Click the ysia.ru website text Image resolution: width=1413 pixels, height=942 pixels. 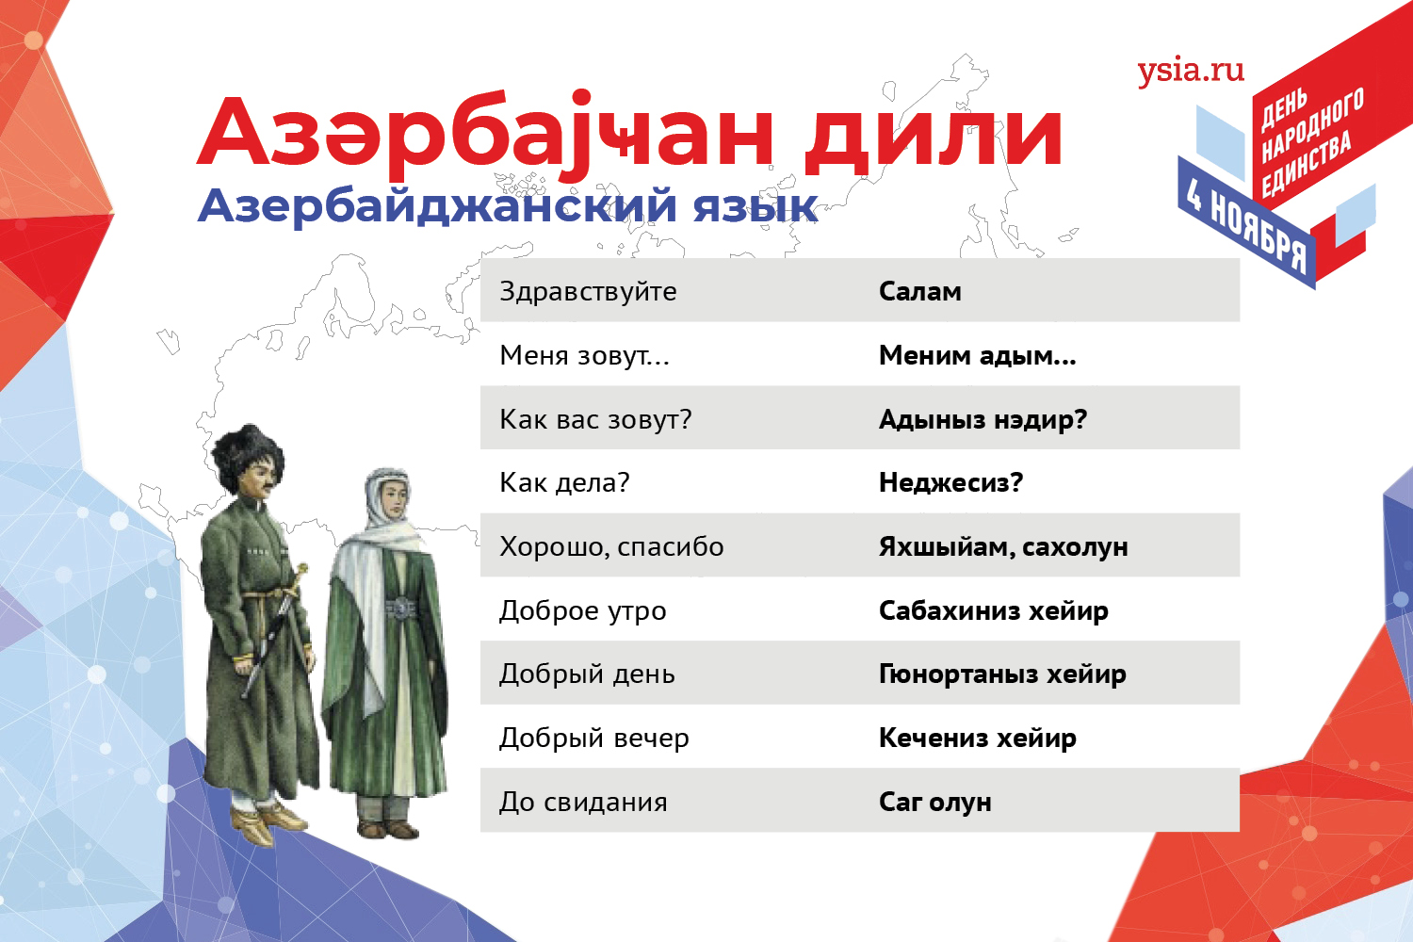(1191, 72)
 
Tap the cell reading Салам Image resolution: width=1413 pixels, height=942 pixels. (919, 291)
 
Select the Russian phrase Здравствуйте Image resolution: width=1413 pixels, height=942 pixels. (588, 292)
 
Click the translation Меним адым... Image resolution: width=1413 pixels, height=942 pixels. (977, 356)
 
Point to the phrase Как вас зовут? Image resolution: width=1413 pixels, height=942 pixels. (595, 419)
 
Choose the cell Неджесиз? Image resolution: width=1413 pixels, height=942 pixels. (950, 483)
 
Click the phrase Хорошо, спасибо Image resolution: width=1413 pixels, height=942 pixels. (611, 547)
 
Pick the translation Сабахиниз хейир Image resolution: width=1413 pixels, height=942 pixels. (994, 610)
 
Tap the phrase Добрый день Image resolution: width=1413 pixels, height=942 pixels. (587, 674)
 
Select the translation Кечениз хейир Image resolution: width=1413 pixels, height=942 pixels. (977, 739)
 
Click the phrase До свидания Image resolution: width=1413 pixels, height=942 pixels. (583, 803)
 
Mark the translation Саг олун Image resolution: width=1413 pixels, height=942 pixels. (934, 803)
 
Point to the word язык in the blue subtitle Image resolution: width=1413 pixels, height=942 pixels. (755, 206)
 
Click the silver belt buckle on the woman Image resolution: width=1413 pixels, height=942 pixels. (401, 609)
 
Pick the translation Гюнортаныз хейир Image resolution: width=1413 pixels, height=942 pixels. (1002, 674)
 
